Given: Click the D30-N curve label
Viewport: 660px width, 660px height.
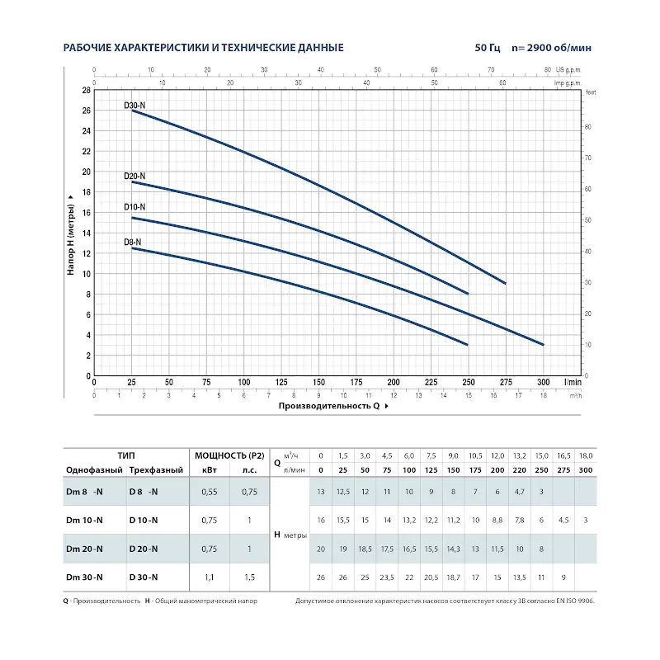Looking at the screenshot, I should pyautogui.click(x=134, y=106).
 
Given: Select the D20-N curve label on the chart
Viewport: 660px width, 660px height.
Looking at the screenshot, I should pyautogui.click(x=134, y=176).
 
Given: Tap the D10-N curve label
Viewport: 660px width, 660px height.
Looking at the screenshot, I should pyautogui.click(x=134, y=206).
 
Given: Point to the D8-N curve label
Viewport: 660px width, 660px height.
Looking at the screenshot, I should pyautogui.click(x=132, y=242).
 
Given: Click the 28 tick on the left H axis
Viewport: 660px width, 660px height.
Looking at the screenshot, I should pyautogui.click(x=86, y=90).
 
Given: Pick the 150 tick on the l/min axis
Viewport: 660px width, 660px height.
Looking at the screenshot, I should pyautogui.click(x=318, y=383).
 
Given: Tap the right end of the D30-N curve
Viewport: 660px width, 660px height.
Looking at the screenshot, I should pyautogui.click(x=505, y=283).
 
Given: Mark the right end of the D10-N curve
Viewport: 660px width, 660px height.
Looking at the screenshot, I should pyautogui.click(x=543, y=345).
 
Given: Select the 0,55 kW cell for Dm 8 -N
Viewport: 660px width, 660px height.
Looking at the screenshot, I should pyautogui.click(x=210, y=493).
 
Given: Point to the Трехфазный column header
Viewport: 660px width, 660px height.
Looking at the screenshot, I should pyautogui.click(x=155, y=469).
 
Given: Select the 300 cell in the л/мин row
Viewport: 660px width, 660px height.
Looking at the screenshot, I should pyautogui.click(x=586, y=469).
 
